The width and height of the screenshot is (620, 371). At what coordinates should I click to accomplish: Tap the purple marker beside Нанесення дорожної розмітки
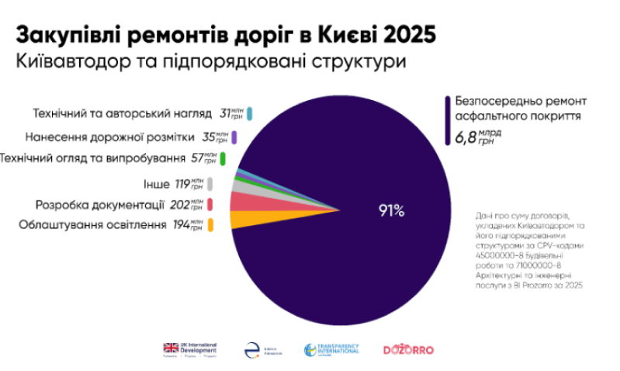click(234, 137)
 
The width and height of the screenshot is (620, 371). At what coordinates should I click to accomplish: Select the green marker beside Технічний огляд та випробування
click(223, 159)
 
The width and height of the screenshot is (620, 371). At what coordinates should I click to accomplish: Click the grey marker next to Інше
click(210, 184)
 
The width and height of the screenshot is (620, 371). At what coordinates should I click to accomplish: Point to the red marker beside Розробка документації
click(210, 205)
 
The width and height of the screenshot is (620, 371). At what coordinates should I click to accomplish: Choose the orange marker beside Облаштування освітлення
click(210, 225)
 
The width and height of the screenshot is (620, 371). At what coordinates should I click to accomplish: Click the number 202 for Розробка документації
click(180, 205)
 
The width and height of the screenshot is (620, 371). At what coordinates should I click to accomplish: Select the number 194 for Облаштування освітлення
click(180, 225)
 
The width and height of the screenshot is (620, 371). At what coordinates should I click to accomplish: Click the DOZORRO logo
click(409, 350)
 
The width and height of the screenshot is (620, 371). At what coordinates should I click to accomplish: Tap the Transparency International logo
click(332, 350)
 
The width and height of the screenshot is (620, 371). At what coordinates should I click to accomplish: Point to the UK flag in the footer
click(171, 347)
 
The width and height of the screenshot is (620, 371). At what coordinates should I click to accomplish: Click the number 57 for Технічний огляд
click(199, 159)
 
